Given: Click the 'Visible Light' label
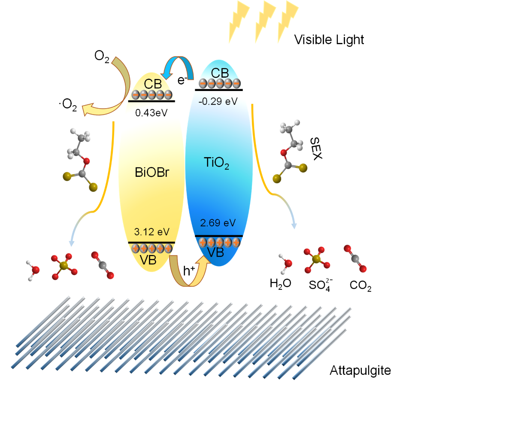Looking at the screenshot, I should (329, 40).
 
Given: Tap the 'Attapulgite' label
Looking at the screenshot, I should (360, 370).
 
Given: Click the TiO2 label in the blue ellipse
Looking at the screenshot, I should (216, 164).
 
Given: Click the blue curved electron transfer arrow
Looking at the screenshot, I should (177, 65).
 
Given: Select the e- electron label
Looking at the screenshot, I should (182, 80).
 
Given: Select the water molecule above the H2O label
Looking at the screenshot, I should (286, 263).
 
